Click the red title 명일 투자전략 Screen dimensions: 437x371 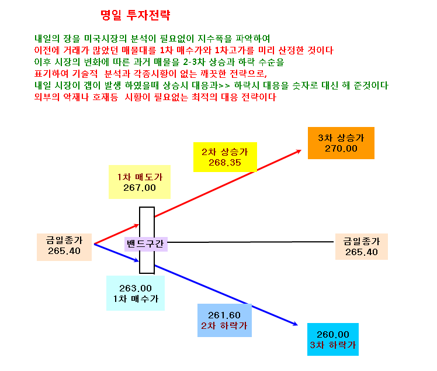point(135,15)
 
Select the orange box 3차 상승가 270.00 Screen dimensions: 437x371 point(341,143)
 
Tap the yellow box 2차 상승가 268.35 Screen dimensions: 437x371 point(225,157)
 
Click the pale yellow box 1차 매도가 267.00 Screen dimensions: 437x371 point(140,182)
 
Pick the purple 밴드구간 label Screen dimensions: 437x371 point(145,243)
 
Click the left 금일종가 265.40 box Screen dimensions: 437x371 point(64,247)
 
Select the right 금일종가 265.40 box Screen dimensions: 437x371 point(361,246)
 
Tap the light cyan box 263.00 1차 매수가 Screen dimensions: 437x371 point(136,293)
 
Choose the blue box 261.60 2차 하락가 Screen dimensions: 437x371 point(224,320)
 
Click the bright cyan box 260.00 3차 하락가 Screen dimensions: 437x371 point(333,339)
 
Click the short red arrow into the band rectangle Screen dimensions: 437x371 point(116,234)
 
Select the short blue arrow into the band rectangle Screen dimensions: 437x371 point(116,253)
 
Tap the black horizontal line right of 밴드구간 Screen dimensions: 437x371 point(251,242)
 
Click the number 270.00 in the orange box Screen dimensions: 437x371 point(341,149)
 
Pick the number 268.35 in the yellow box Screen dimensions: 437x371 point(224,163)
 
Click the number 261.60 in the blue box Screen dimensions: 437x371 point(224,315)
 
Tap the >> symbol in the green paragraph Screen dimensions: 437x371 point(224,85)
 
